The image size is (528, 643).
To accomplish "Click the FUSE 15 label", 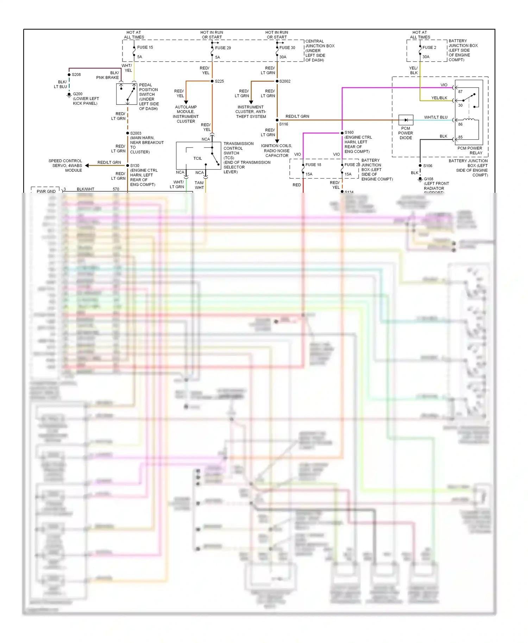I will click(145, 47).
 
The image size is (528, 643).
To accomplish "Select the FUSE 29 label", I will click(223, 48).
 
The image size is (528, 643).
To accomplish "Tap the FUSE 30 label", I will click(287, 48).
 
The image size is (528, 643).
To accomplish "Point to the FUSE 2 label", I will click(429, 47).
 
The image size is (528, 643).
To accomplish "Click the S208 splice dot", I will click(69, 75).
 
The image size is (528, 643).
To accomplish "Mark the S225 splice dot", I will click(212, 81).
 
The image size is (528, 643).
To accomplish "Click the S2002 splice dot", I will click(277, 81).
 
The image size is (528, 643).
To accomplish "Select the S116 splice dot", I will click(277, 120).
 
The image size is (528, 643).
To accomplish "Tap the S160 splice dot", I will click(342, 133).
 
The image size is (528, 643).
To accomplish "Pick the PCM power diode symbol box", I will click(406, 120).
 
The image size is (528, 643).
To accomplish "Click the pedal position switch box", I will click(127, 94).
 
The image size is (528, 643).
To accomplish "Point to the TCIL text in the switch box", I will click(197, 159).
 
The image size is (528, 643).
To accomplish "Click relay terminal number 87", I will click(460, 91).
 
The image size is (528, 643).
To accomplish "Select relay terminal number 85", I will click(460, 137).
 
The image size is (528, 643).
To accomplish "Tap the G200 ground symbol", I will click(69, 95).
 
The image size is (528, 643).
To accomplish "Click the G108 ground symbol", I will click(420, 179).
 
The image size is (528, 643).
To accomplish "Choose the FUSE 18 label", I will click(313, 165).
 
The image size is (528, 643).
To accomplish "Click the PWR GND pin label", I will click(46, 191).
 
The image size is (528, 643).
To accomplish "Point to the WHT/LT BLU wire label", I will click(435, 117).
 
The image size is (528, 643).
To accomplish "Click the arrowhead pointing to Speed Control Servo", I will click(87, 165).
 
